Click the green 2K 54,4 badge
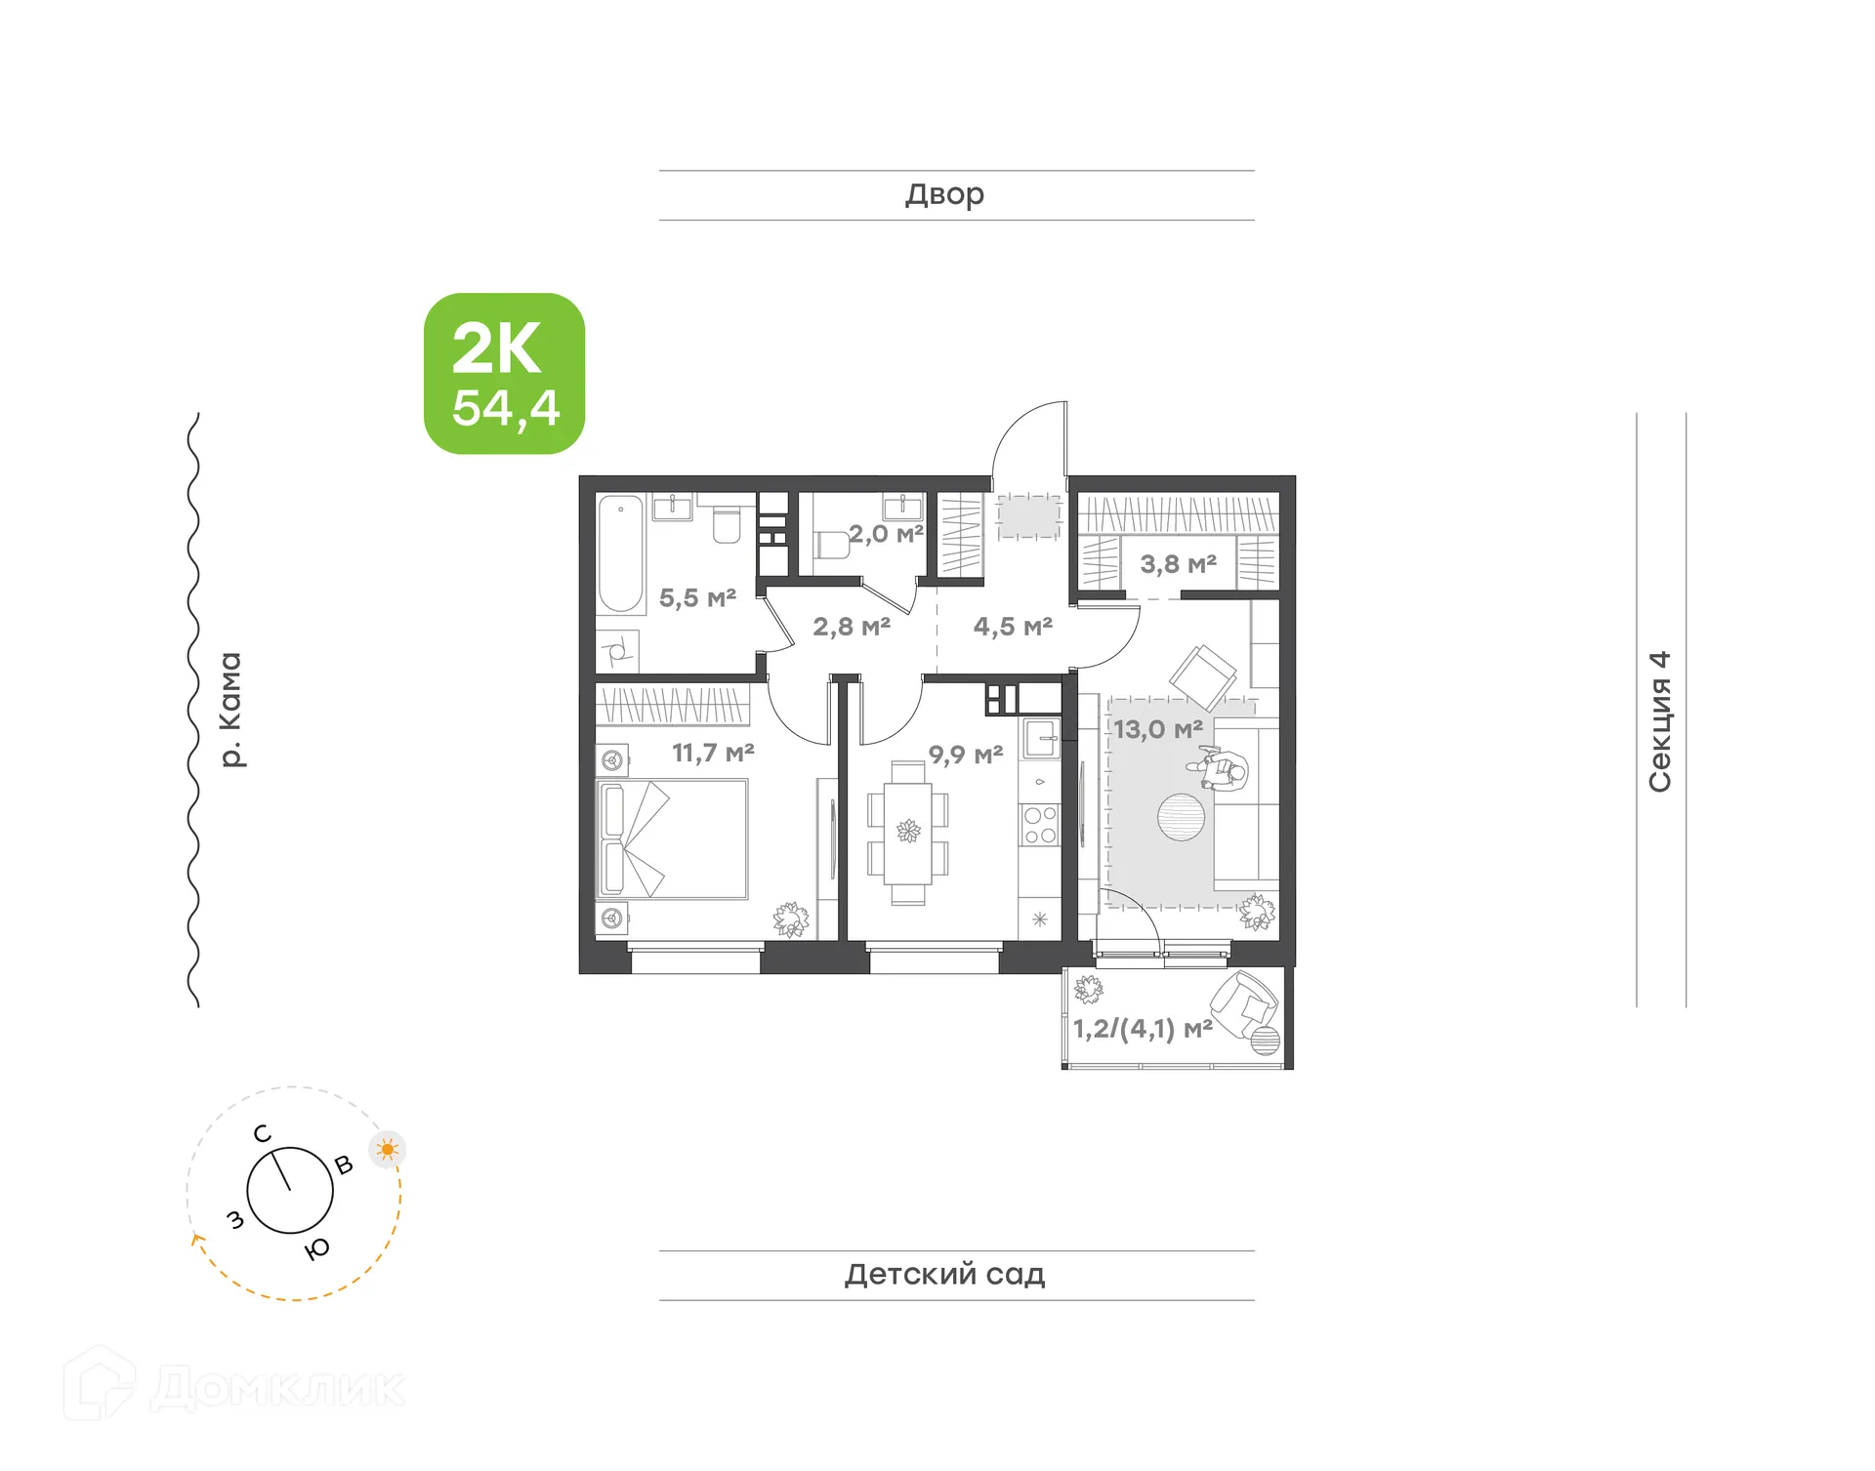pyautogui.click(x=504, y=374)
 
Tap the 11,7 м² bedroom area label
pyautogui.click(x=713, y=753)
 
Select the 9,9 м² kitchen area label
pyautogui.click(x=965, y=755)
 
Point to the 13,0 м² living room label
pyautogui.click(x=1158, y=729)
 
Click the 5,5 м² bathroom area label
pyautogui.click(x=697, y=597)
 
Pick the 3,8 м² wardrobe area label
pyautogui.click(x=1178, y=563)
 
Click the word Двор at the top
pyautogui.click(x=944, y=194)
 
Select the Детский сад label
pyautogui.click(x=944, y=1274)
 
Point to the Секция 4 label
pyautogui.click(x=1660, y=721)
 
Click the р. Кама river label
pyautogui.click(x=230, y=710)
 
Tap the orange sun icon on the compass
pyautogui.click(x=388, y=1149)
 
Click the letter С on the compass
pyautogui.click(x=262, y=1133)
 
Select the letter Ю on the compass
pyautogui.click(x=317, y=1248)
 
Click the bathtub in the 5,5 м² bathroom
pyautogui.click(x=620, y=553)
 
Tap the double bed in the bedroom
pyautogui.click(x=672, y=838)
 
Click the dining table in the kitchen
pyautogui.click(x=908, y=832)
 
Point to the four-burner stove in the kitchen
pyautogui.click(x=1039, y=824)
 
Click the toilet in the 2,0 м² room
pyautogui.click(x=830, y=544)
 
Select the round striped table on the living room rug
pyautogui.click(x=1181, y=817)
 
